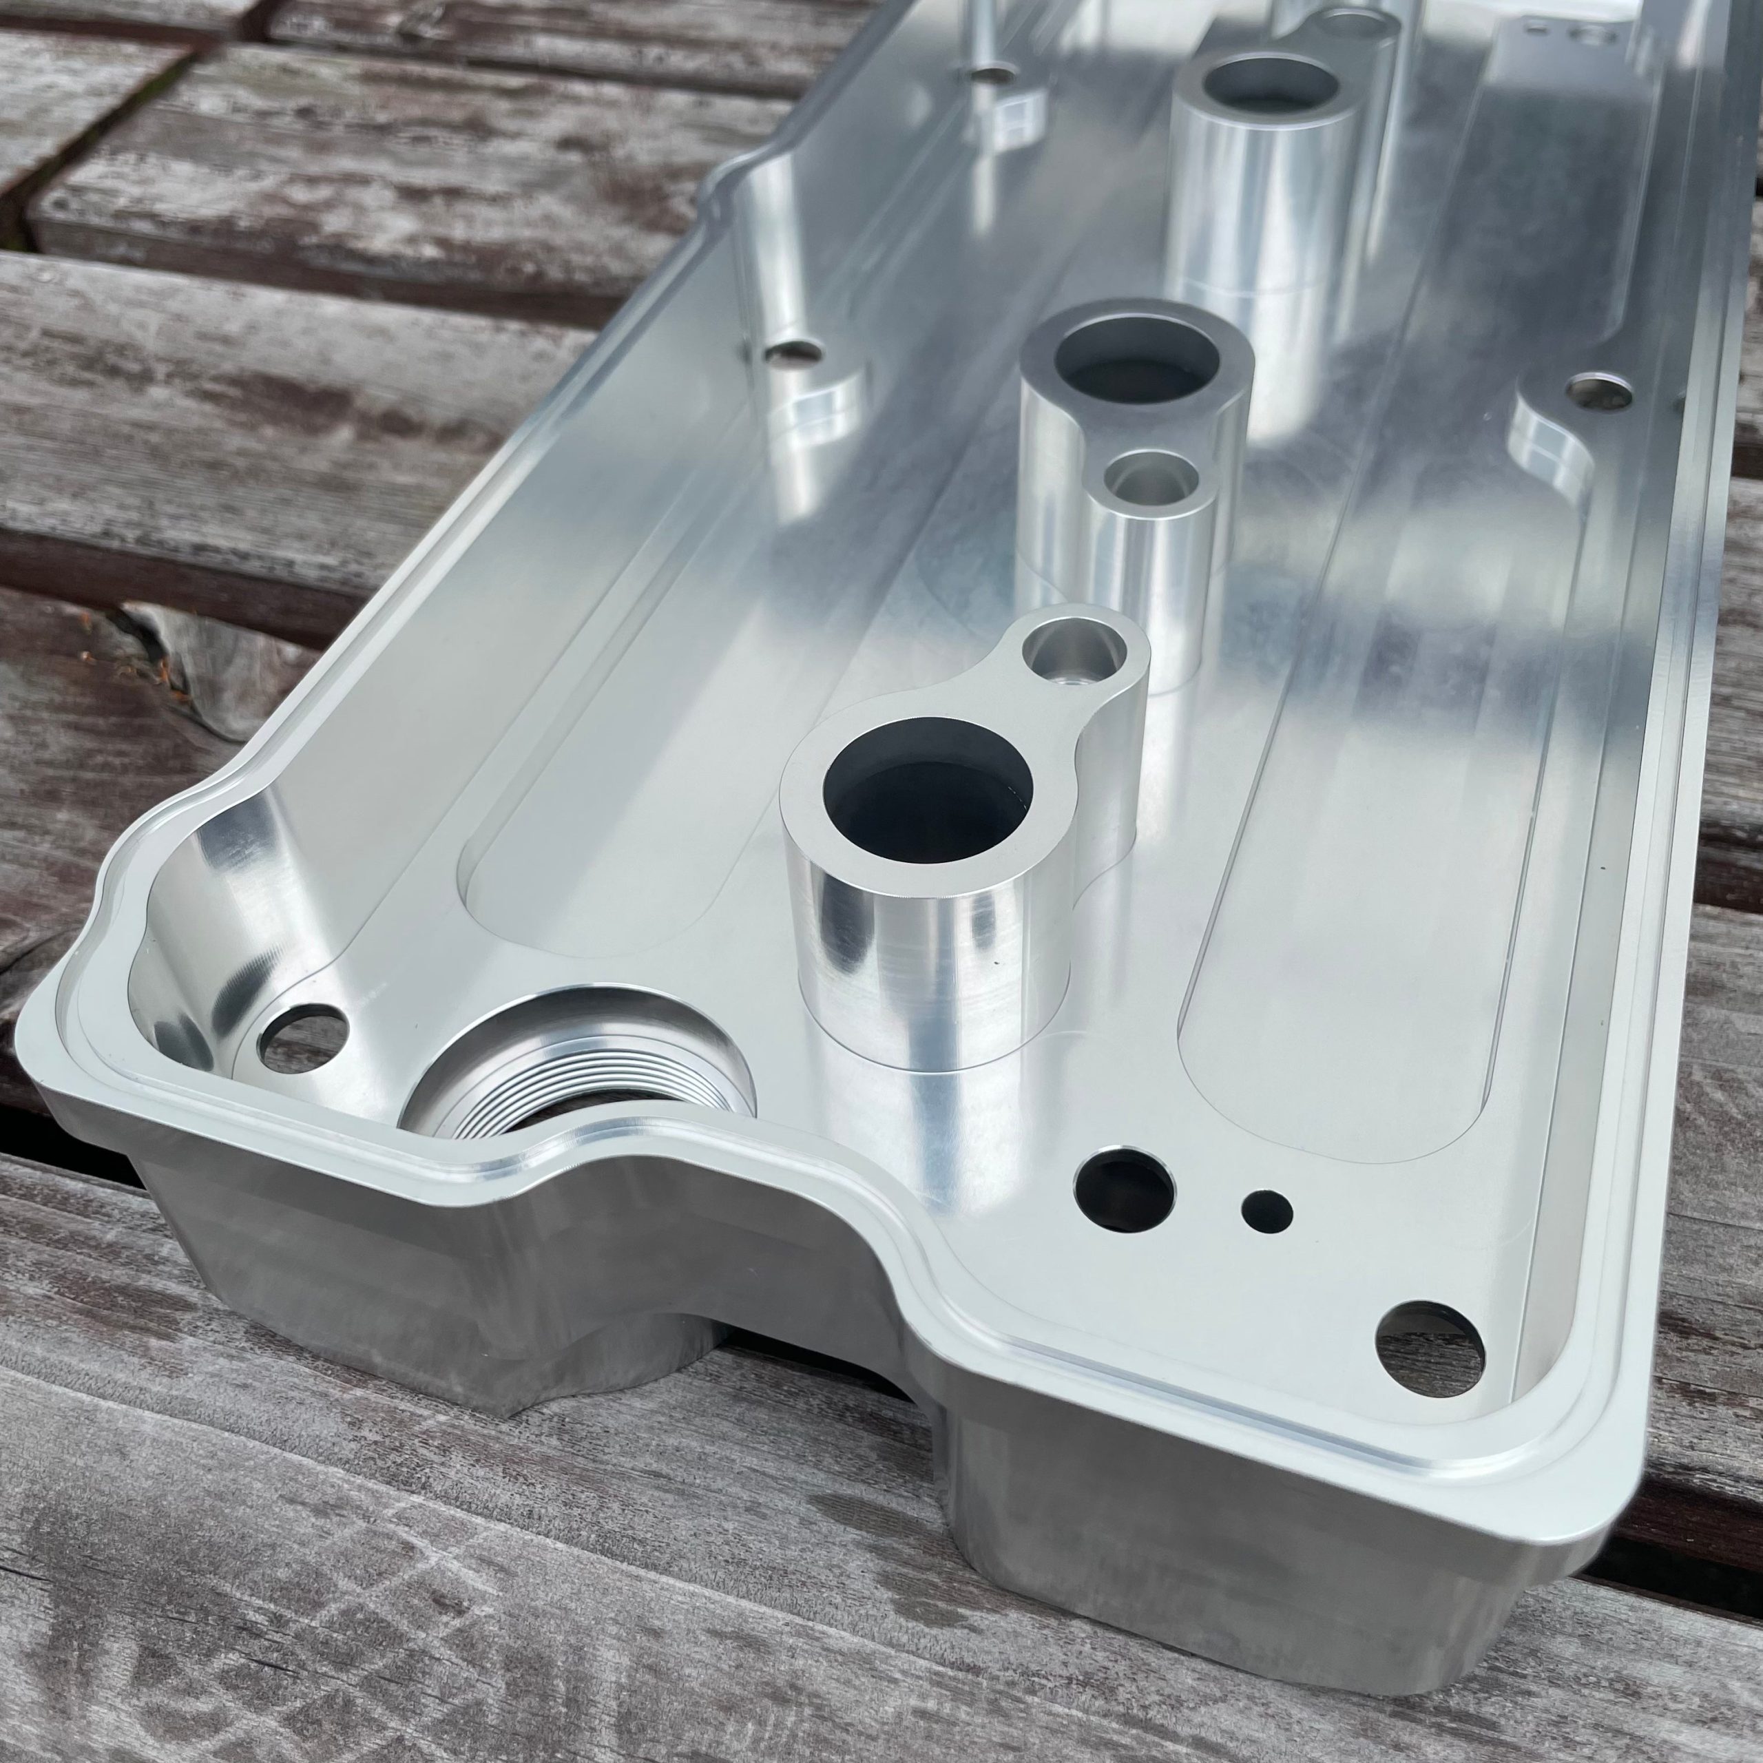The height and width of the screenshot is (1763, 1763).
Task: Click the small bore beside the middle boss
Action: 1151,480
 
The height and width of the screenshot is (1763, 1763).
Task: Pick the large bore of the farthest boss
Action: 1270,90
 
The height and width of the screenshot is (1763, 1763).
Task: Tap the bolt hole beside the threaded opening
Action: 304,1038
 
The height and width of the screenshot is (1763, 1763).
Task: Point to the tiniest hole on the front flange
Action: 1267,1210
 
